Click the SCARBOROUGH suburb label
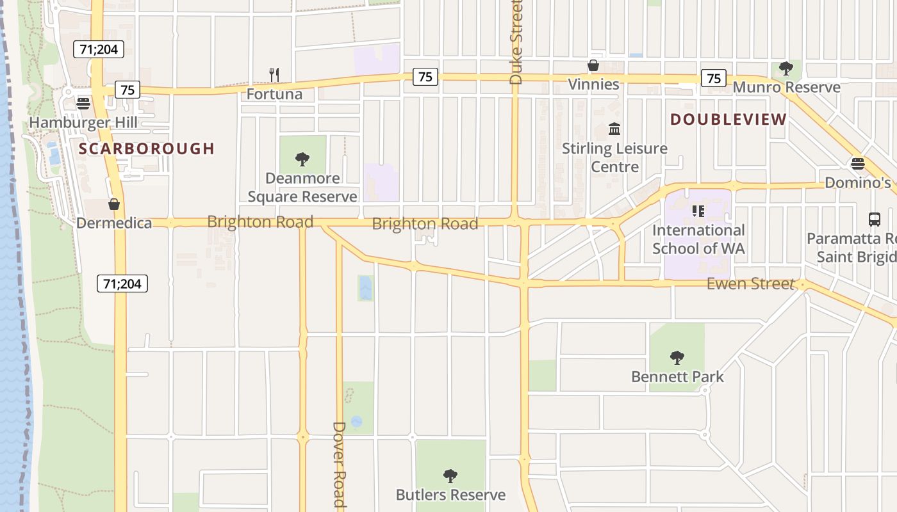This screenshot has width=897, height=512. [147, 149]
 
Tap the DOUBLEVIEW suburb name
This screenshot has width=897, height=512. [728, 120]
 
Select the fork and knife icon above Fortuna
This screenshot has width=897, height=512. [274, 75]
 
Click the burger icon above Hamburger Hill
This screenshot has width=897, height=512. [83, 103]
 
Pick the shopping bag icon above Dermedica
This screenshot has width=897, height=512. [114, 204]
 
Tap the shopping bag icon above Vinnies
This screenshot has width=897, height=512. [593, 65]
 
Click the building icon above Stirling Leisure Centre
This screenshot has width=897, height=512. [614, 129]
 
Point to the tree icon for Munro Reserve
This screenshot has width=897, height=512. [786, 68]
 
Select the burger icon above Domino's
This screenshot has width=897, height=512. [857, 164]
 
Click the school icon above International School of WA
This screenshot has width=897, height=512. [698, 211]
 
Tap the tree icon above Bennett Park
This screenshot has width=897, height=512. [677, 357]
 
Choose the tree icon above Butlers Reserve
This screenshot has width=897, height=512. [450, 476]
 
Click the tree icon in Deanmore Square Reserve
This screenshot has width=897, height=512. [302, 159]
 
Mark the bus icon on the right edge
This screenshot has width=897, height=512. [875, 220]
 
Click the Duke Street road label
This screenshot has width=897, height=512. [516, 42]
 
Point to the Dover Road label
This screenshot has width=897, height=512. [340, 463]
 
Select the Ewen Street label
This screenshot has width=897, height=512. [750, 284]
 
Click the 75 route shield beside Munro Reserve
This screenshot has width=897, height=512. [714, 78]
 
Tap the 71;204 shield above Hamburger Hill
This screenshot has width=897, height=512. [98, 49]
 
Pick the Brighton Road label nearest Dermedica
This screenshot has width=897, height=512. [260, 222]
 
